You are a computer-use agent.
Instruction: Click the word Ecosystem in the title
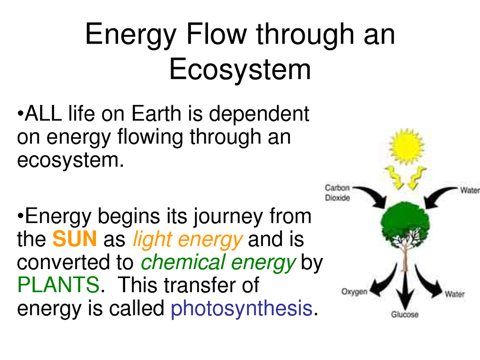tap(240, 69)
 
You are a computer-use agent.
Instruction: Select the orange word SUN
tap(75, 239)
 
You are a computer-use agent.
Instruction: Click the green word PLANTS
tap(58, 285)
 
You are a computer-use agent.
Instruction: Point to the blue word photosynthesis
tap(241, 308)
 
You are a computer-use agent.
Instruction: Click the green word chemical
tap(183, 262)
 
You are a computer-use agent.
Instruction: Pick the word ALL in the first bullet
tap(43, 113)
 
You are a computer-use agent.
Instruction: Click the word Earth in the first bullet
tap(156, 113)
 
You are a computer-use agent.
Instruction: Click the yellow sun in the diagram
tap(406, 147)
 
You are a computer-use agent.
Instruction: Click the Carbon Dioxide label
tap(337, 193)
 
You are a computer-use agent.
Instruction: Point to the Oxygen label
tap(354, 292)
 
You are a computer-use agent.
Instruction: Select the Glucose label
tap(405, 314)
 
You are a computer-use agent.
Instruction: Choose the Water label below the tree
tap(455, 294)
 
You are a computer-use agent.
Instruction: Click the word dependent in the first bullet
tap(259, 113)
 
